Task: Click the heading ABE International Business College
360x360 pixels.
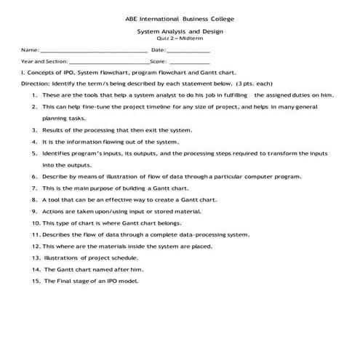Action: point(180,17)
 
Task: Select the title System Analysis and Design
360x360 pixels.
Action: point(180,32)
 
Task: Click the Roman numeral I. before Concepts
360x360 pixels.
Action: point(5,73)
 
